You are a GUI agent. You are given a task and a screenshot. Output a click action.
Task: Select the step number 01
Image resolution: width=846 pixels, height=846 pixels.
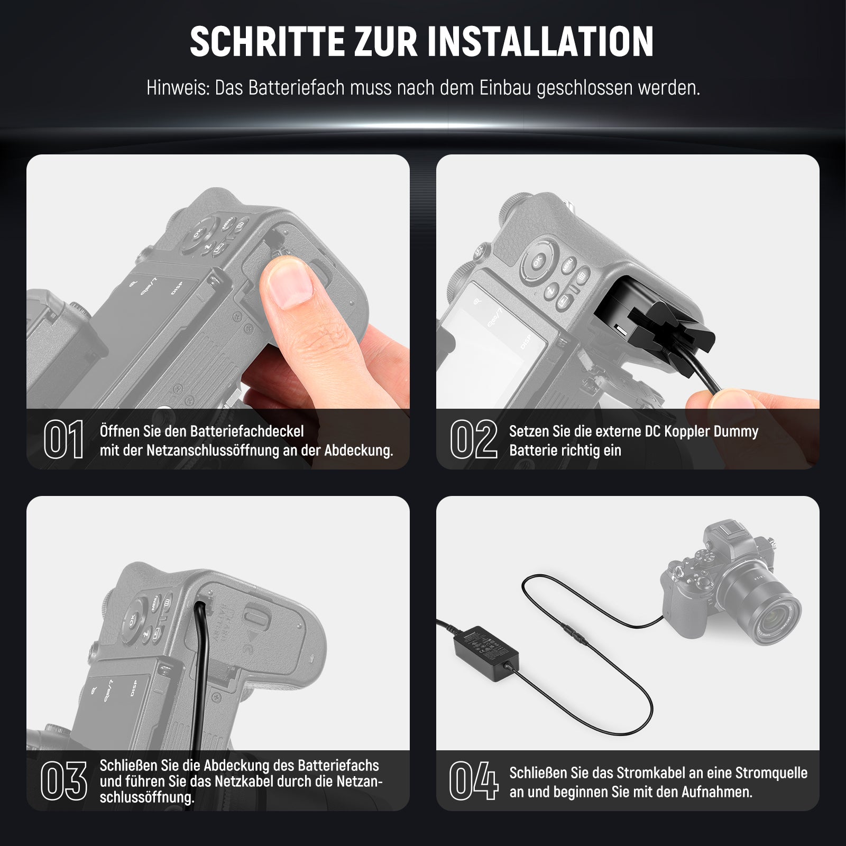[x=63, y=439]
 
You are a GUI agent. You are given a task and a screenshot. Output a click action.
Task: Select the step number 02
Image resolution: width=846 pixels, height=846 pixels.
[x=474, y=439]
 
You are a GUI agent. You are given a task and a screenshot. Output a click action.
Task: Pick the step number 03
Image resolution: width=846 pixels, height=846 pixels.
[x=64, y=781]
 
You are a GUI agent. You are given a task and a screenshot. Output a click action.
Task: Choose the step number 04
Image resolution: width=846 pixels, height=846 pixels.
[x=474, y=781]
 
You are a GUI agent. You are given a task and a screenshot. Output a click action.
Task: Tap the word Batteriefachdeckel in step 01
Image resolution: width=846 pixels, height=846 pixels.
[x=247, y=431]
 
